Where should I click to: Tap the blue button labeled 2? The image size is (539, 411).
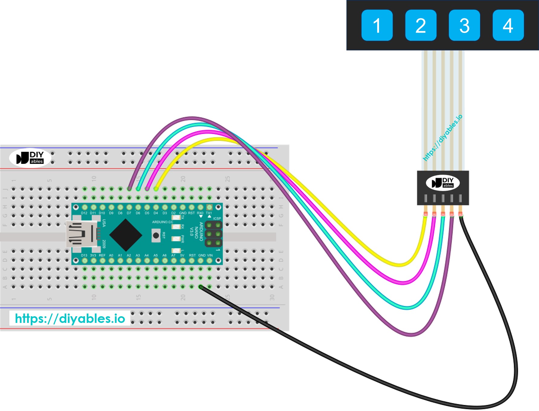[420, 25]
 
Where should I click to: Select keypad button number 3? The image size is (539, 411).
[464, 25]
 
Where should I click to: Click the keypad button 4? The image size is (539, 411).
[508, 25]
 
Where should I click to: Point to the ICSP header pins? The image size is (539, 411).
[213, 234]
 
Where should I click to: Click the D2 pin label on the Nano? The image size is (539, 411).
[174, 213]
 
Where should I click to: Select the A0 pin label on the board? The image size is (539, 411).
[111, 255]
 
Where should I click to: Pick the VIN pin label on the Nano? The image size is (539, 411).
[209, 255]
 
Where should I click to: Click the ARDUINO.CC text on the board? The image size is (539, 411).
[162, 222]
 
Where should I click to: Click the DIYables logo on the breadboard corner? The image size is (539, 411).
[30, 158]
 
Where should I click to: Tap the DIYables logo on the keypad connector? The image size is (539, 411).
[443, 183]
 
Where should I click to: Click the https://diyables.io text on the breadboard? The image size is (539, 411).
[70, 318]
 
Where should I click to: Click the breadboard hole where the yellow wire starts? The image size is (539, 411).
[156, 189]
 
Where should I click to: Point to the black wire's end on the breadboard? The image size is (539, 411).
[201, 287]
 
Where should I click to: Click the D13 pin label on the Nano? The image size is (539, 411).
[84, 255]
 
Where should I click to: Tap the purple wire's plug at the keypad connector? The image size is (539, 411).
[452, 214]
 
